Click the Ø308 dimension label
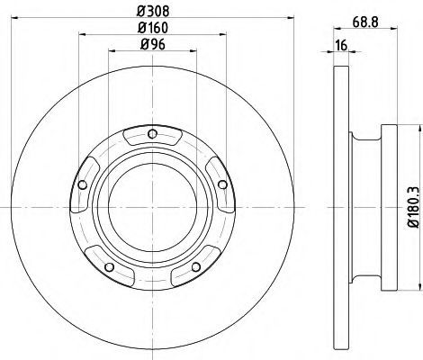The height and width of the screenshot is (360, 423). click(153, 12)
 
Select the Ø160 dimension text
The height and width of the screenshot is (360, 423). click(153, 28)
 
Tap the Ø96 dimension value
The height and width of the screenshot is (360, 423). click(153, 45)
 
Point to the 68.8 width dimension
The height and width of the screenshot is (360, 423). click(365, 22)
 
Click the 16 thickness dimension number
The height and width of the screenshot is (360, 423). click(341, 45)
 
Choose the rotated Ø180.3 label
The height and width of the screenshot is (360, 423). click(414, 207)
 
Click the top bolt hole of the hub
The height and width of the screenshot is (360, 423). click(153, 133)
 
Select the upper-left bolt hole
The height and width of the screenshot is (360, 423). click(82, 184)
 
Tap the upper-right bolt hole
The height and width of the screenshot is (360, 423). click(222, 184)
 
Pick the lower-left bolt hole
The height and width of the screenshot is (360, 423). click(109, 266)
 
